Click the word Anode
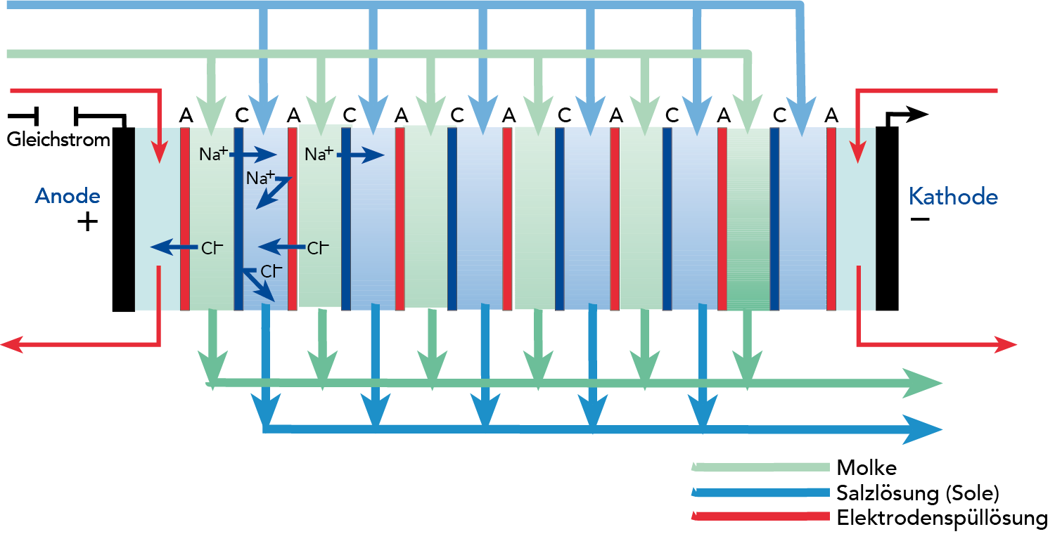pyautogui.click(x=68, y=196)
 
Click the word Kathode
pyautogui.click(x=953, y=196)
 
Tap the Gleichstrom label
pyautogui.click(x=58, y=140)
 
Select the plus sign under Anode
pyautogui.click(x=87, y=223)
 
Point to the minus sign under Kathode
pyautogui.click(x=919, y=220)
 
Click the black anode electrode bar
pyautogui.click(x=123, y=219)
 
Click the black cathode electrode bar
pyautogui.click(x=887, y=219)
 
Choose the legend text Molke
pyautogui.click(x=867, y=467)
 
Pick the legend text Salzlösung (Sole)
pyautogui.click(x=917, y=493)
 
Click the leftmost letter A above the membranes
pyautogui.click(x=186, y=115)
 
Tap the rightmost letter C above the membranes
pyautogui.click(x=779, y=115)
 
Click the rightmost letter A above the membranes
pyautogui.click(x=831, y=115)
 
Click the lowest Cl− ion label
pyautogui.click(x=271, y=271)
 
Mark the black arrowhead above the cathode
pyautogui.click(x=917, y=115)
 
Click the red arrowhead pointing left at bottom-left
pyautogui.click(x=10, y=344)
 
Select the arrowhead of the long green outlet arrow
pyautogui.click(x=928, y=384)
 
